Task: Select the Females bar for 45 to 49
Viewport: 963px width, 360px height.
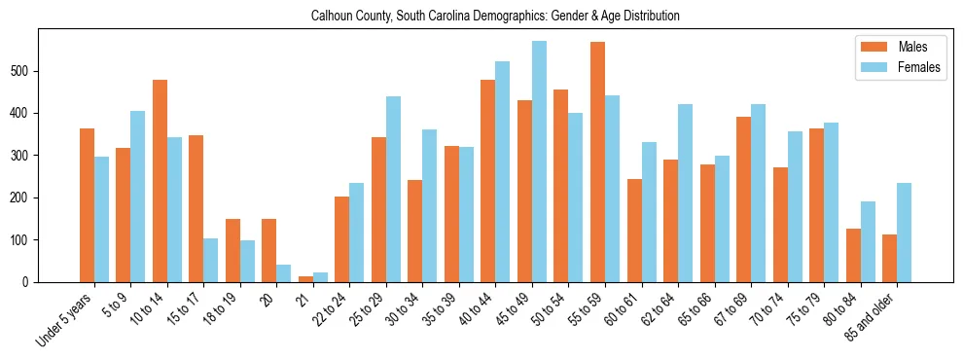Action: click(539, 162)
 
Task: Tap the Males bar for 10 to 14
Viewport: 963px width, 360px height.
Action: click(160, 181)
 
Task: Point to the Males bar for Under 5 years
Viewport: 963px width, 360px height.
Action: click(87, 205)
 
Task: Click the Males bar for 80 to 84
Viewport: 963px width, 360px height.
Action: click(853, 255)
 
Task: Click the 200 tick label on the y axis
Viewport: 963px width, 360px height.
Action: click(26, 198)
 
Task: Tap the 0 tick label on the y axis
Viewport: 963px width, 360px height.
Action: click(31, 282)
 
